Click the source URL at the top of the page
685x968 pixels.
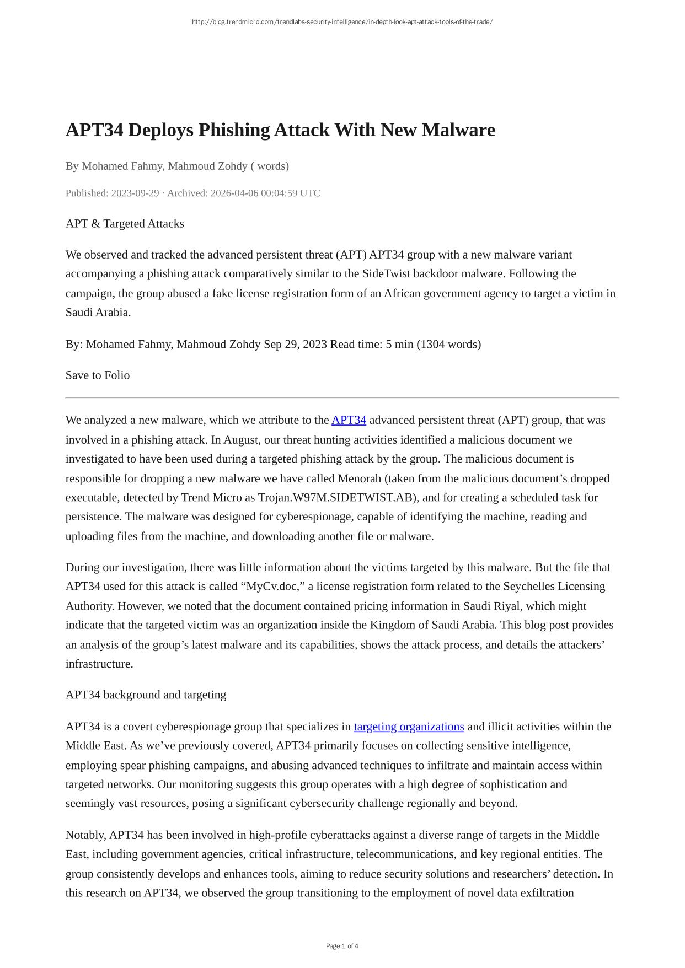(x=342, y=22)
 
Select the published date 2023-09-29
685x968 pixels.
(x=135, y=193)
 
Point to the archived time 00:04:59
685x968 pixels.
(x=279, y=193)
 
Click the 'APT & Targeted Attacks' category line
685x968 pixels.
(x=125, y=224)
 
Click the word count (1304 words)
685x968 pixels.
(x=448, y=345)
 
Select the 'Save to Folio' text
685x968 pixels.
(x=98, y=375)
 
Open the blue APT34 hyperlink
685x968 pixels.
(x=349, y=421)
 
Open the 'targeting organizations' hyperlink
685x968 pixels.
(x=409, y=727)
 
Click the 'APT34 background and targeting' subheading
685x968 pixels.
(x=146, y=695)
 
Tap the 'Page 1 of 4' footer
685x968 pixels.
(x=342, y=946)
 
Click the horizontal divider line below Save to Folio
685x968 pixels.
(x=342, y=397)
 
